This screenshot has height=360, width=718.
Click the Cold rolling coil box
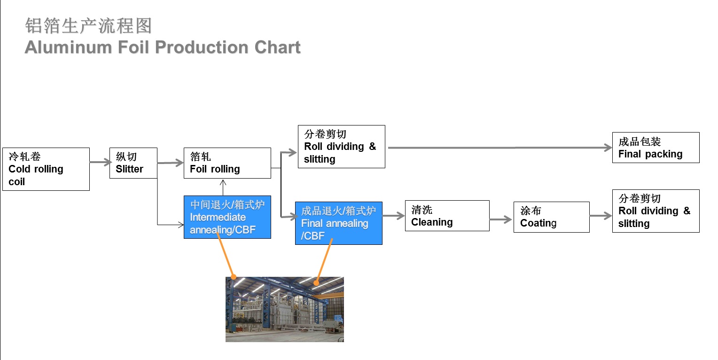(x=46, y=169)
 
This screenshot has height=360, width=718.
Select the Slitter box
(x=133, y=163)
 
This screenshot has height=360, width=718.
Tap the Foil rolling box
(x=227, y=163)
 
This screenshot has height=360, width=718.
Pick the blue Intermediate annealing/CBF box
(x=227, y=217)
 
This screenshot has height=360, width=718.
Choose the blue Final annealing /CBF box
(x=338, y=223)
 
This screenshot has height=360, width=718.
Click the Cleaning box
(x=447, y=216)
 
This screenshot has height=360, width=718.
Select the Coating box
(x=551, y=217)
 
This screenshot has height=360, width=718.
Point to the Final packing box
(x=656, y=148)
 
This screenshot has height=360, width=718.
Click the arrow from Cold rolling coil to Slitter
(x=101, y=162)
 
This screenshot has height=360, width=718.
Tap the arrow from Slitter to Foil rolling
(x=170, y=163)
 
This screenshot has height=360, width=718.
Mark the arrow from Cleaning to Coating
(x=501, y=219)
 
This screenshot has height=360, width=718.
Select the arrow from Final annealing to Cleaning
(x=394, y=216)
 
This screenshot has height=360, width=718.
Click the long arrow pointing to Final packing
(x=500, y=148)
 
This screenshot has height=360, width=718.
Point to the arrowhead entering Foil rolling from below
(x=223, y=182)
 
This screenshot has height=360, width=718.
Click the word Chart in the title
(x=277, y=47)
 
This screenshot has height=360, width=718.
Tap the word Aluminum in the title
(x=68, y=47)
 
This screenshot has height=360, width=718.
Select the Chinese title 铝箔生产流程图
(x=88, y=26)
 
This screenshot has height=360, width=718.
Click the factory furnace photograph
(x=285, y=309)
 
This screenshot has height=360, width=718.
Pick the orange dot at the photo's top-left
(x=234, y=277)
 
